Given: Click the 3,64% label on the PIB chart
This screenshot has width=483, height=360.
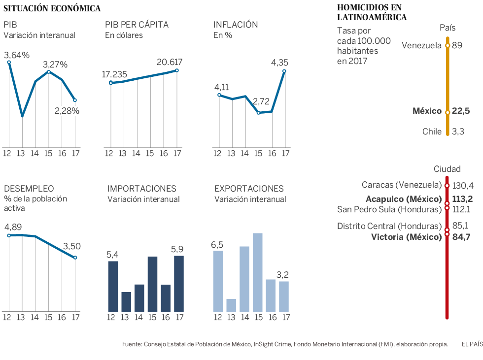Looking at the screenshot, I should coord(17,55).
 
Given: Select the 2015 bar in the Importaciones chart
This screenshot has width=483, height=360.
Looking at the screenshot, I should coord(152,284).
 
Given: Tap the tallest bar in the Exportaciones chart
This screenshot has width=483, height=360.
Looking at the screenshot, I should coord(257,272).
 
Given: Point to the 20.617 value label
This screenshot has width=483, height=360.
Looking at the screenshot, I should coord(170,63).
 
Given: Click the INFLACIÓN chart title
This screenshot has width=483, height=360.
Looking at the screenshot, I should coord(236,25).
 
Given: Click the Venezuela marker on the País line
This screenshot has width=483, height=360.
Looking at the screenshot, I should coord(448,46).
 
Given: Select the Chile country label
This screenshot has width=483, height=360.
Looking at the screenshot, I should coord(432,131).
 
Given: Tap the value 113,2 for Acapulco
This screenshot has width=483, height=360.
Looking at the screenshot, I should coord(462,199).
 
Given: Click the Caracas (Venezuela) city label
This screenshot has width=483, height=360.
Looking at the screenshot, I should coord(401,185).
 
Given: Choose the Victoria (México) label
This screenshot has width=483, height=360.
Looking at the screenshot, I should coord(406,237).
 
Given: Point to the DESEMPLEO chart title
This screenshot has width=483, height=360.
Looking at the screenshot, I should coord(29,189).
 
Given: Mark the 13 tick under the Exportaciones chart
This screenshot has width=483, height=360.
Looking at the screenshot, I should coord(231,317).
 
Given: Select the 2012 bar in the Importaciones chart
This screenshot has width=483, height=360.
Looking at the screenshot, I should coord(113,286).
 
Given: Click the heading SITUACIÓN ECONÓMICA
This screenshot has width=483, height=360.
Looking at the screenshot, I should coord(52,8).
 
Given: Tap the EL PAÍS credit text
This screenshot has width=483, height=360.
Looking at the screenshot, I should coord(472,344).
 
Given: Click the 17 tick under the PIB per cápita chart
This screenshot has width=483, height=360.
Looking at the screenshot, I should coord(177,153).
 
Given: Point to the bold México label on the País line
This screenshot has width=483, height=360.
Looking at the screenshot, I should coord(427,111).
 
